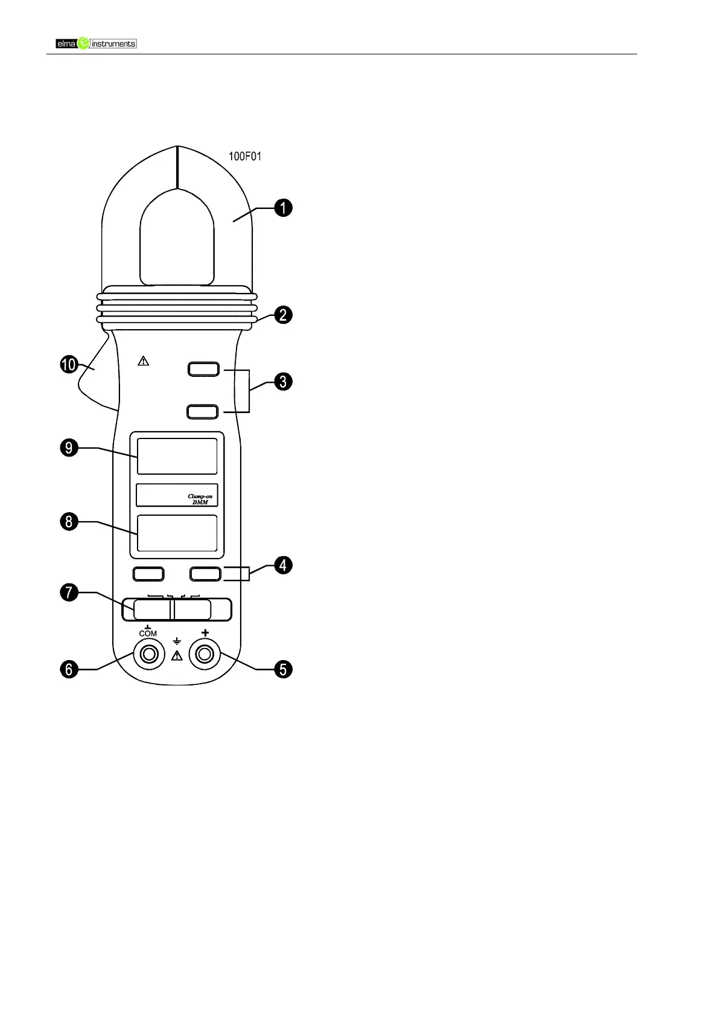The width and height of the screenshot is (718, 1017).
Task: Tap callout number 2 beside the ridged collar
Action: pyautogui.click(x=283, y=315)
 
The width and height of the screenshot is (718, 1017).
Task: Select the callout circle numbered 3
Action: pyautogui.click(x=283, y=382)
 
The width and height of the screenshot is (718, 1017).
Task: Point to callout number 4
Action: pyautogui.click(x=283, y=565)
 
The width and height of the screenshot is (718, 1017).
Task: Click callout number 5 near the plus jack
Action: pyautogui.click(x=283, y=669)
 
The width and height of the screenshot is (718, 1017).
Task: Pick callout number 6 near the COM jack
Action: pyautogui.click(x=69, y=669)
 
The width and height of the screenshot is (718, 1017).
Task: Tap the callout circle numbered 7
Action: pyautogui.click(x=69, y=592)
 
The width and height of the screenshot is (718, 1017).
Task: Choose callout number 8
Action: pyautogui.click(x=69, y=521)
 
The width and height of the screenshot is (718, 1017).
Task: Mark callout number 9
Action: pyautogui.click(x=69, y=448)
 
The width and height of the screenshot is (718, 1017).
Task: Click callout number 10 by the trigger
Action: pyautogui.click(x=69, y=365)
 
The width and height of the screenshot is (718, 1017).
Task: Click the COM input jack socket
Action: pyautogui.click(x=148, y=654)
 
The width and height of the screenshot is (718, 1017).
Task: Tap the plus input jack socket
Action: pyautogui.click(x=205, y=654)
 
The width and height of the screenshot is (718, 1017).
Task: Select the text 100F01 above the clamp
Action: pyautogui.click(x=244, y=156)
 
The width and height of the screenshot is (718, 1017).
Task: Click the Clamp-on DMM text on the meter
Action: pyautogui.click(x=200, y=499)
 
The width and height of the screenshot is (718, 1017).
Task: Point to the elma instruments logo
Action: pyautogui.click(x=97, y=43)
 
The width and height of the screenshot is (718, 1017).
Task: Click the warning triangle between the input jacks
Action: pyautogui.click(x=177, y=656)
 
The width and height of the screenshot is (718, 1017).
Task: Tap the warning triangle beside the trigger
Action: pyautogui.click(x=143, y=361)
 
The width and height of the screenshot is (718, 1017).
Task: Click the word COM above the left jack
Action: pyautogui.click(x=148, y=634)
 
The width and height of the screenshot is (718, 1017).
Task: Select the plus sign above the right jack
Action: pyautogui.click(x=205, y=632)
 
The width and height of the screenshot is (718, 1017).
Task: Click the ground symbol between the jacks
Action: pyautogui.click(x=177, y=641)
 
